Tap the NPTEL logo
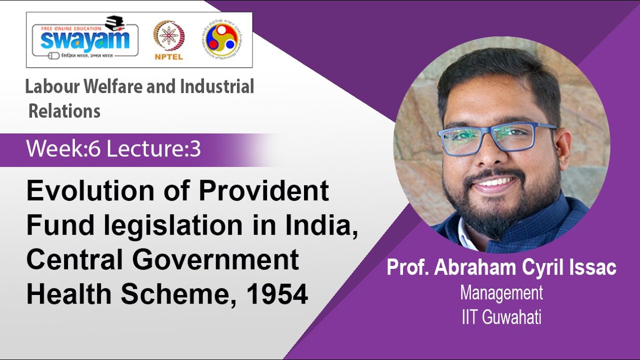(168, 40)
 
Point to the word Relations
(64, 111)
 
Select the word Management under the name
(501, 293)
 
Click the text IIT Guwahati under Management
(501, 317)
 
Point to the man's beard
(500, 210)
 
